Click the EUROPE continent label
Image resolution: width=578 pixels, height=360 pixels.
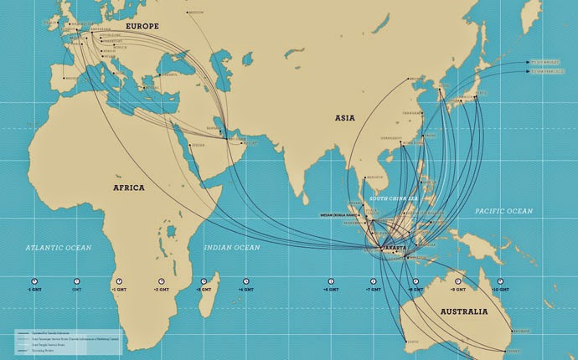[142, 28]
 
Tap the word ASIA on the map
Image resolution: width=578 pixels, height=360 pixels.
[344, 119]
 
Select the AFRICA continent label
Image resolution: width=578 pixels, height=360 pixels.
[129, 188]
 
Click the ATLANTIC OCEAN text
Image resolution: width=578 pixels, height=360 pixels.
[58, 248]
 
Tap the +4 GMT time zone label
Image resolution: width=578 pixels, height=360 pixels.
[246, 290]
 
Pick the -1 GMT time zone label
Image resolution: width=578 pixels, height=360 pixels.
[34, 290]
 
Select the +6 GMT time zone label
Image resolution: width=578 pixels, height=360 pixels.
[331, 290]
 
